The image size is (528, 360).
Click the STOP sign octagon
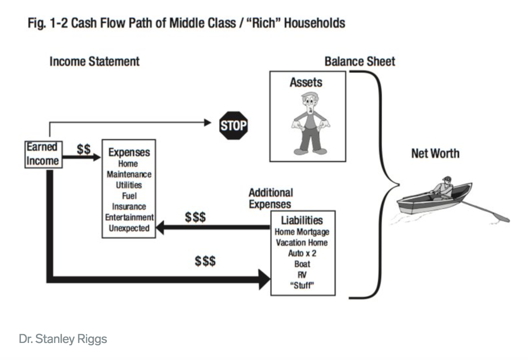[x=233, y=125]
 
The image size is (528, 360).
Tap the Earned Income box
[x=44, y=154]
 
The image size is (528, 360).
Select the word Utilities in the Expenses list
[x=129, y=185]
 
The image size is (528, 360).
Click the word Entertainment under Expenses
[x=129, y=217]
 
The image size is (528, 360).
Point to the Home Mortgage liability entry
[x=302, y=232]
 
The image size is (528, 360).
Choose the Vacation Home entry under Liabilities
[x=302, y=243]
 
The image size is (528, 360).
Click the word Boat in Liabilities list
[x=302, y=264]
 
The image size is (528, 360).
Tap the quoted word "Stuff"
[x=302, y=286]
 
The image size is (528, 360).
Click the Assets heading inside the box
[x=306, y=82]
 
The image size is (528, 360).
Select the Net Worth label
[x=435, y=153]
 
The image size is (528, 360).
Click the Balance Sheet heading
[x=360, y=62]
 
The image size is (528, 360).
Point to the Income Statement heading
[x=94, y=62]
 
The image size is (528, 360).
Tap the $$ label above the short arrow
[x=84, y=149]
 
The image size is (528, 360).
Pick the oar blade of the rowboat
[x=501, y=218]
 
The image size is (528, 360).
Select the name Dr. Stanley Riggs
[x=63, y=339]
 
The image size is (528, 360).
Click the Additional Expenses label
[x=271, y=198]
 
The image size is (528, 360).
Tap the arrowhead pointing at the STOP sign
[x=207, y=123]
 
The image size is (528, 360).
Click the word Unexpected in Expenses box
[x=129, y=228]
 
